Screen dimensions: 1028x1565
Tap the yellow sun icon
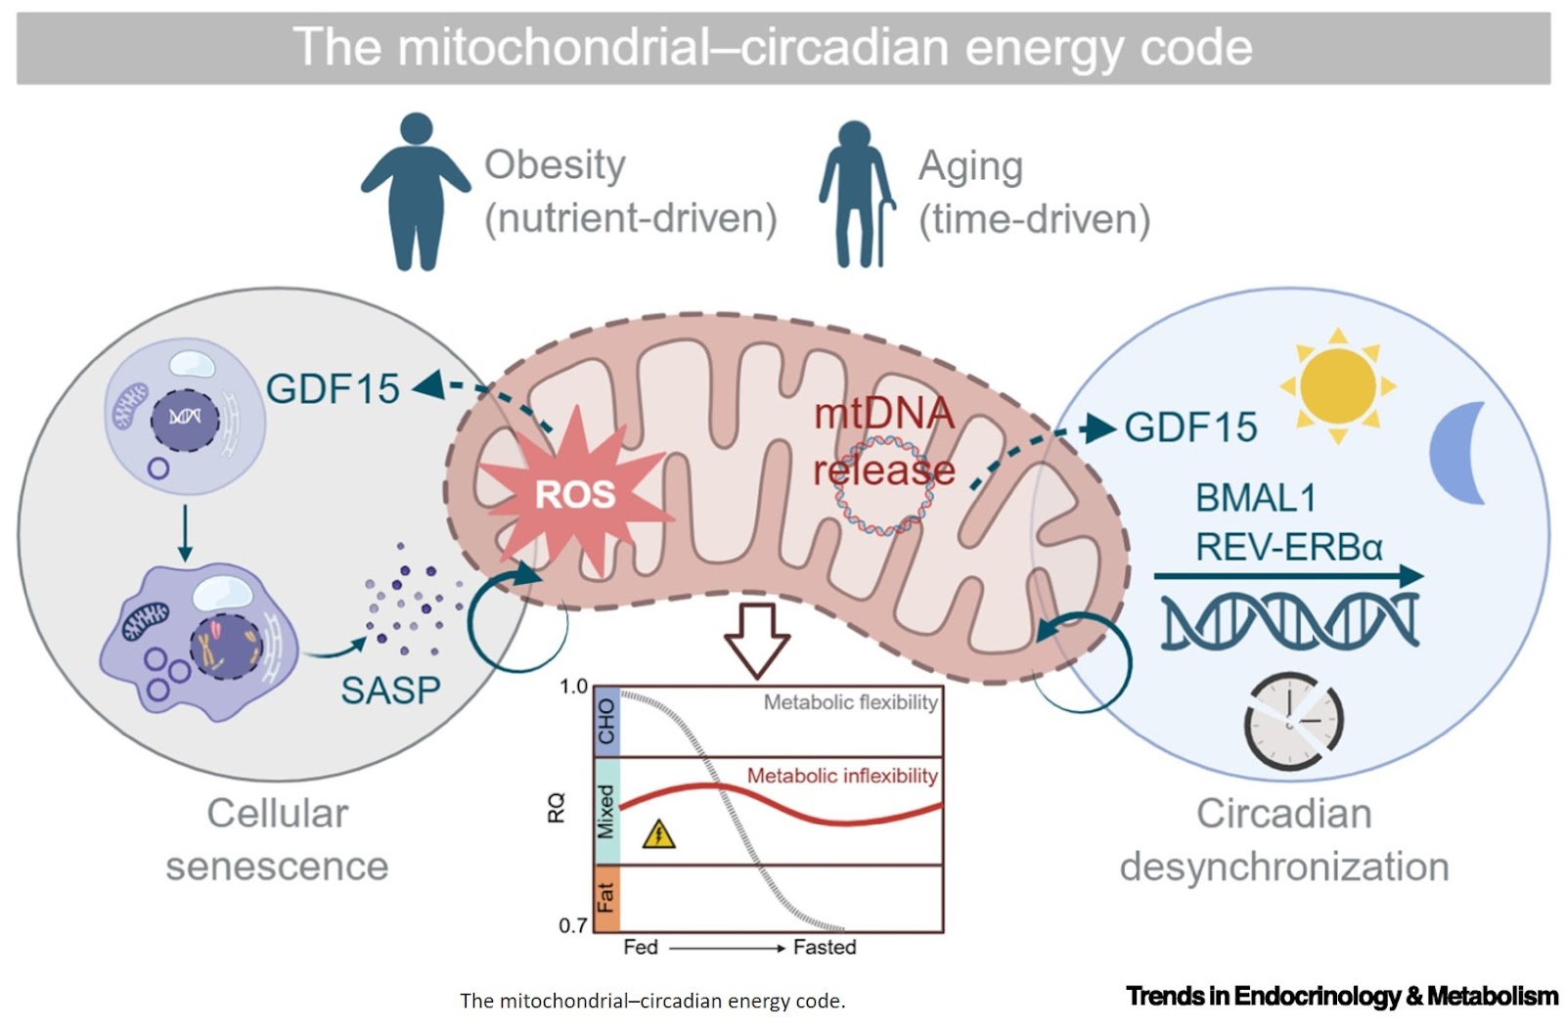(1337, 384)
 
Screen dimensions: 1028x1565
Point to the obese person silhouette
(416, 191)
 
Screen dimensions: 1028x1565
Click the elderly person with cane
(855, 194)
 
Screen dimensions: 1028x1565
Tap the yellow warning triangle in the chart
(659, 833)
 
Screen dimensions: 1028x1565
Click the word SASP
(390, 691)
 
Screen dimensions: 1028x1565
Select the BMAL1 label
(1255, 498)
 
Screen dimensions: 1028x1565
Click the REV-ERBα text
(1288, 547)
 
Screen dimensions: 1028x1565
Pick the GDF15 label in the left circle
(333, 388)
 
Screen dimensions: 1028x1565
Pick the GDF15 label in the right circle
(1190, 427)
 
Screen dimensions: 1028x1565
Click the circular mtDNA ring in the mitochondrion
(883, 487)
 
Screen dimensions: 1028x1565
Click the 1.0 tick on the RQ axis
(573, 687)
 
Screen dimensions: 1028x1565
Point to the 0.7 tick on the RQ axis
(573, 924)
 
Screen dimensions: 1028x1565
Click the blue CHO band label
(606, 721)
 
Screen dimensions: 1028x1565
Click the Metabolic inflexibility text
(842, 776)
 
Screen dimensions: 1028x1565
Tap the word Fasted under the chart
(824, 947)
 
